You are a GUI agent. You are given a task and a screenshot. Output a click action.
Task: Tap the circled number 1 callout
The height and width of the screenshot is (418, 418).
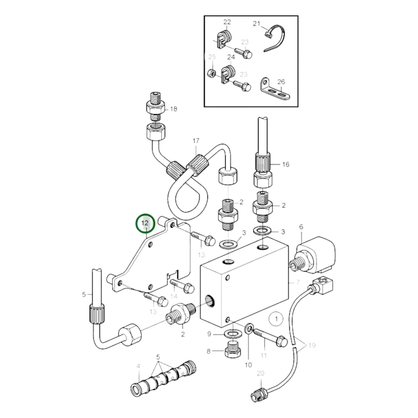[276, 319]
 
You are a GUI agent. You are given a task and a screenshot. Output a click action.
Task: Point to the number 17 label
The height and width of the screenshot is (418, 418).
[196, 141]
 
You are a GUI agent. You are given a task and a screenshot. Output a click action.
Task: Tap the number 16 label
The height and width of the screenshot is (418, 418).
[286, 164]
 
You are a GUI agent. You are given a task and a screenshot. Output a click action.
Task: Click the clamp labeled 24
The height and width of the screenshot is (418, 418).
[227, 75]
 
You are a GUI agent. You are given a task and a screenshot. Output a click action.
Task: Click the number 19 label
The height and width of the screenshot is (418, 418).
[312, 345]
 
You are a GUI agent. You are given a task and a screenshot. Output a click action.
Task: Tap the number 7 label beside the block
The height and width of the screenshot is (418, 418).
[298, 282]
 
